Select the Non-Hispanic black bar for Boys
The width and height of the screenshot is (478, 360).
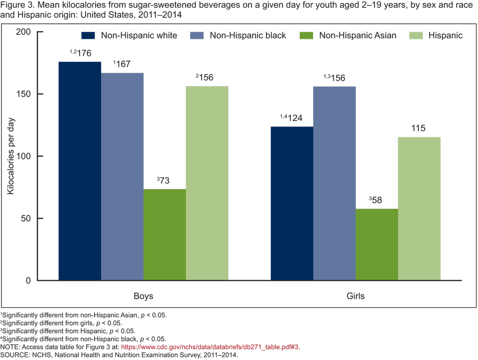tap(122, 177)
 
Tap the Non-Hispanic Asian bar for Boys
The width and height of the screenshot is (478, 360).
tap(164, 235)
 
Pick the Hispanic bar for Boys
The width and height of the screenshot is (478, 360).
tap(207, 183)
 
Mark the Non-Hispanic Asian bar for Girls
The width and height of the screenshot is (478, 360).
tap(377, 244)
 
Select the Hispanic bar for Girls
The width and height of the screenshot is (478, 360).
tap(419, 209)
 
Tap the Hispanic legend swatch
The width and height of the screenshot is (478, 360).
tap(415, 35)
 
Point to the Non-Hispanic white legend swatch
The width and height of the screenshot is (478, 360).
tap(88, 35)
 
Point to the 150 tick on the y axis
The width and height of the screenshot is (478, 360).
tap(35, 94)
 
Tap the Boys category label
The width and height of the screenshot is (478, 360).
tap(143, 296)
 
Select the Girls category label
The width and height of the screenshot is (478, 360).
tap(356, 296)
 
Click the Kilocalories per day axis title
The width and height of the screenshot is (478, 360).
tap(11, 156)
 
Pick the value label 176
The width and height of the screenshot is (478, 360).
tap(83, 53)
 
